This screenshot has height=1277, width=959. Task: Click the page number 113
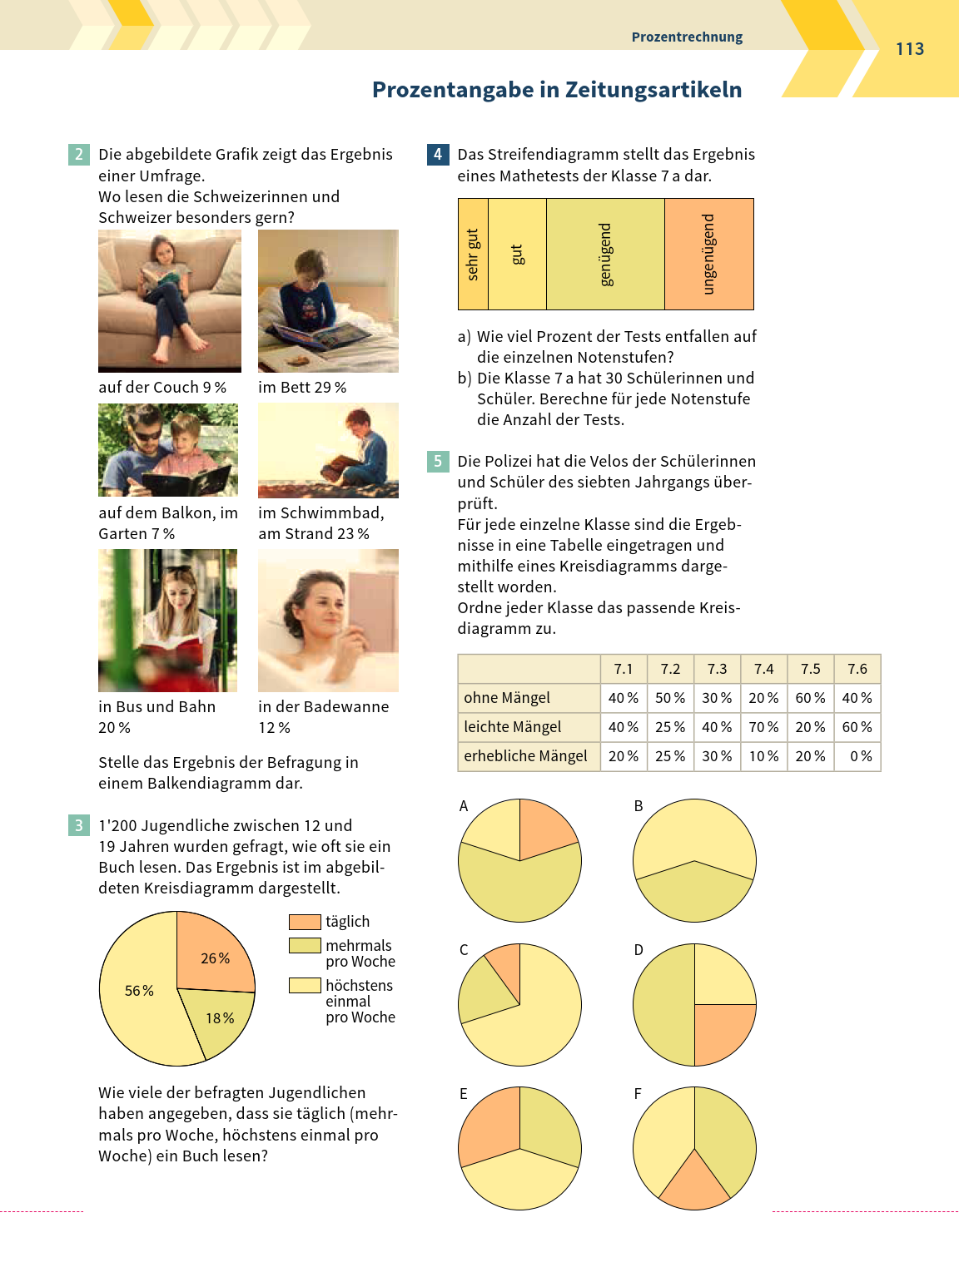coord(910,49)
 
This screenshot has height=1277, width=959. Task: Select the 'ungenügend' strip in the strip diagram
coord(708,255)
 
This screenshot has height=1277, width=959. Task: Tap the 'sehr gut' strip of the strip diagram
coord(473,255)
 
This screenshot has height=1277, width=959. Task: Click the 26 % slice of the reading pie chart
coord(213,954)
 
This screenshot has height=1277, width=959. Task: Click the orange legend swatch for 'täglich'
coord(305,922)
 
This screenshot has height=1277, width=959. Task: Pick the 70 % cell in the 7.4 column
coord(763,727)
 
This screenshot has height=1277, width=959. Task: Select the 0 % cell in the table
coord(857,756)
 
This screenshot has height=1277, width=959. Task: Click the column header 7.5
coord(810,669)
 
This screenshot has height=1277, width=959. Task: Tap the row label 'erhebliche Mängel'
coord(525,756)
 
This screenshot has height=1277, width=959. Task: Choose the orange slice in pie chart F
coord(694,1182)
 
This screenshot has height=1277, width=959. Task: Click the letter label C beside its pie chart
coord(464,950)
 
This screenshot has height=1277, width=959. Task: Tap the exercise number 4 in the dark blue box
coord(438,154)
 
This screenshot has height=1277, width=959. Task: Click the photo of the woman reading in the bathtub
coord(328,620)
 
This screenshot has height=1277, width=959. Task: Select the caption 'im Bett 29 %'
coord(302,388)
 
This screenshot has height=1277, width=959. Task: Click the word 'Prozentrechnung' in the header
coord(687,37)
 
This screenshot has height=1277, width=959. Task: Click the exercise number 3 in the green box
coord(78,825)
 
